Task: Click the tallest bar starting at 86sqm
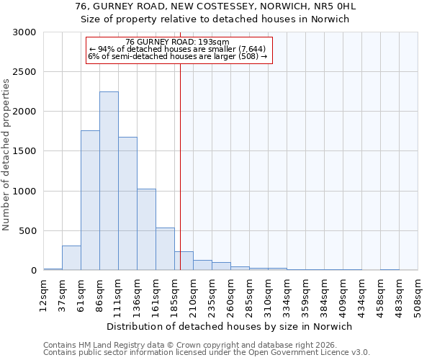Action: pyautogui.click(x=109, y=181)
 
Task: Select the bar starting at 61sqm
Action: pyautogui.click(x=90, y=200)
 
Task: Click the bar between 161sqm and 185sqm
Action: pyautogui.click(x=165, y=249)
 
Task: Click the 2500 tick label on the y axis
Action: pyautogui.click(x=25, y=72)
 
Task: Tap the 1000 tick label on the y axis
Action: pyautogui.click(x=25, y=192)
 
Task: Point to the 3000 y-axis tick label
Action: pyautogui.click(x=25, y=32)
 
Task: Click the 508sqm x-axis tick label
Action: pyautogui.click(x=418, y=293)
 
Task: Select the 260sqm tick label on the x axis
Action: pyautogui.click(x=231, y=293)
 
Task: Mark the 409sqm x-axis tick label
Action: pyautogui.click(x=343, y=293)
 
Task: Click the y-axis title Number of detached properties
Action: pyautogui.click(x=7, y=152)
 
